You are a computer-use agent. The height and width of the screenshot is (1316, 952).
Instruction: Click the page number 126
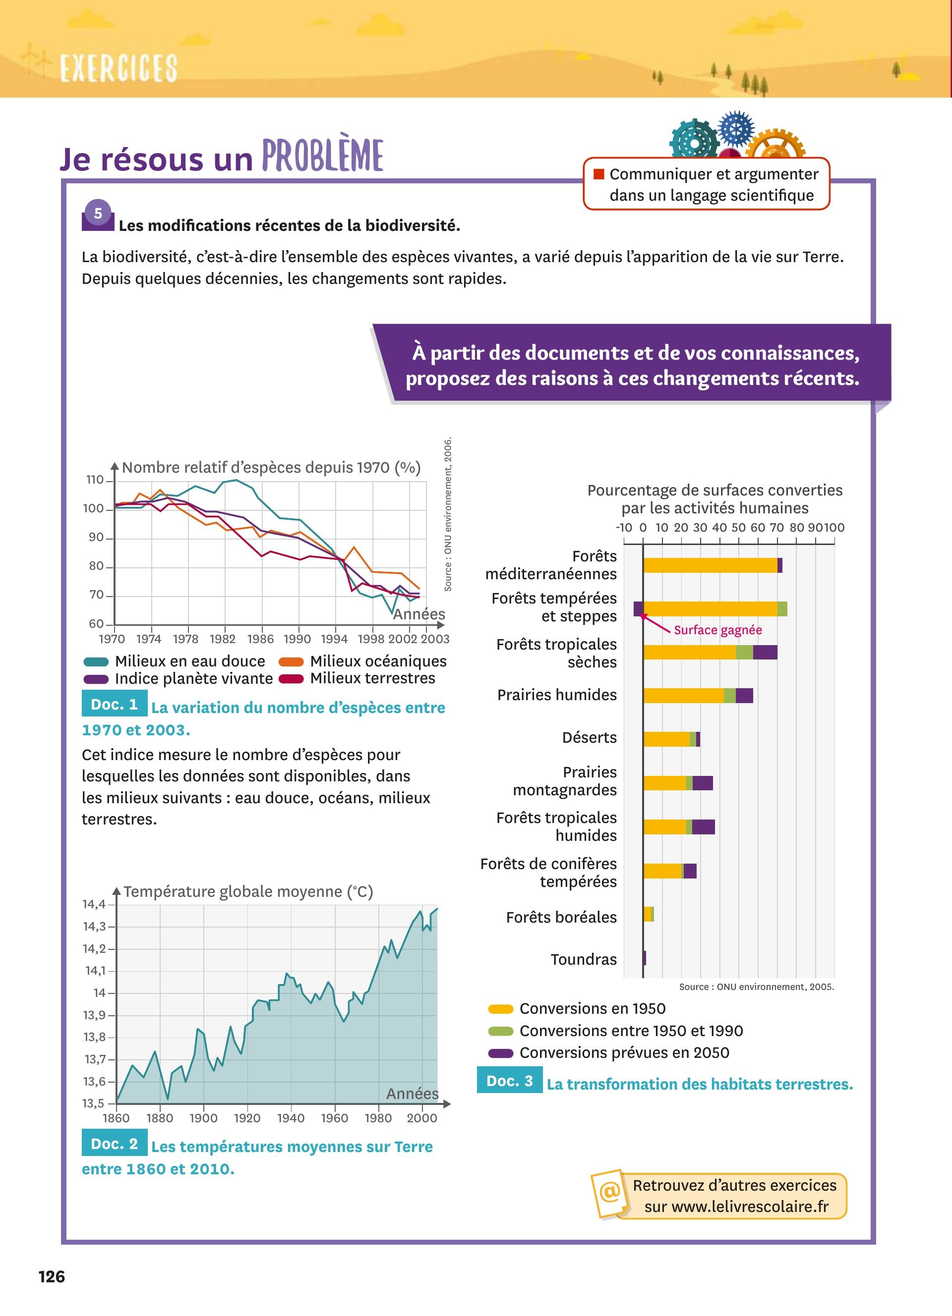[x=52, y=1276]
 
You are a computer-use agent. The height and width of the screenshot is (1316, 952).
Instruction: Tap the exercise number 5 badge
[x=98, y=214]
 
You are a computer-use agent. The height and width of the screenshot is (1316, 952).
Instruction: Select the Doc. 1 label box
[x=115, y=704]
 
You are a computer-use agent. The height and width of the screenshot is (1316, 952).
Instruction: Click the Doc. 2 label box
[x=115, y=1143]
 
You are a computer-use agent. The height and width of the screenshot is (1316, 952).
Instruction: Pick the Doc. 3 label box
[x=509, y=1081]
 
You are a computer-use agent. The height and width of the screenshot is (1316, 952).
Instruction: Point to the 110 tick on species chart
[x=95, y=480]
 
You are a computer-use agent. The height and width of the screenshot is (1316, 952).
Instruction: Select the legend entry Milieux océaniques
[x=378, y=661]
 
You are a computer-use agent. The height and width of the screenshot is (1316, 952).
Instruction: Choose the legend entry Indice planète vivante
[x=193, y=678]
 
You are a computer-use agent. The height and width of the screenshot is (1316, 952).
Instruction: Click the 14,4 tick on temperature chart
[x=94, y=904]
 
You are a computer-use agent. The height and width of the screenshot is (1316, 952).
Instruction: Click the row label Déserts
[x=589, y=737]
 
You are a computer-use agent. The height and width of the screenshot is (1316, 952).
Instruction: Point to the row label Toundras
[x=584, y=959]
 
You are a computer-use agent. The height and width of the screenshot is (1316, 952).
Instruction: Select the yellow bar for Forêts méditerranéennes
[x=710, y=565]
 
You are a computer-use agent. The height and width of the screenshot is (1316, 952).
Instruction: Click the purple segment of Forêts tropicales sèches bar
[x=765, y=652]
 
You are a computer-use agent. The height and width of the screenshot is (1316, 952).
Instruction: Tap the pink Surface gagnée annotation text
[x=717, y=630]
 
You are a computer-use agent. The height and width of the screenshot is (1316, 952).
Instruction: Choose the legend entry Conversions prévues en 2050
[x=624, y=1052]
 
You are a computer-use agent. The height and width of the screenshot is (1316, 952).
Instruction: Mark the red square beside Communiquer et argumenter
[x=598, y=174]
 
